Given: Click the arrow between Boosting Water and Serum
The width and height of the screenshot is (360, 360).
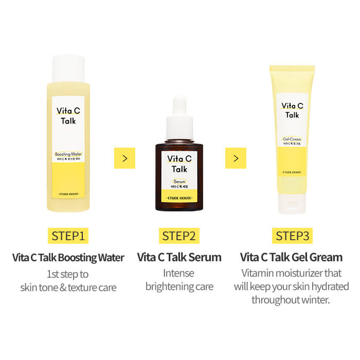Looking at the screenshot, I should click(x=124, y=158).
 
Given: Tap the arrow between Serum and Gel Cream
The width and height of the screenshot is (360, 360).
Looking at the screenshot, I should click(x=236, y=158).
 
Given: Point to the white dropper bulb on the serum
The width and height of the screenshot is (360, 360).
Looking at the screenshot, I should click(x=179, y=105).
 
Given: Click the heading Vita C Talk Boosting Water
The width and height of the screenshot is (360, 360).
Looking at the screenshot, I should click(x=68, y=257).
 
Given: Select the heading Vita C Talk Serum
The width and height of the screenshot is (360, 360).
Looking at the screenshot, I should click(x=179, y=257).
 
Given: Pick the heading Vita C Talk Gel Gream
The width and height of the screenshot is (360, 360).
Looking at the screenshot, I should click(x=292, y=257).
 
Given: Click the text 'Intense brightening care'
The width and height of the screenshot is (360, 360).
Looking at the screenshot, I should click(x=179, y=280).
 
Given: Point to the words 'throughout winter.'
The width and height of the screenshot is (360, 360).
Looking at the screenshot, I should click(x=292, y=299).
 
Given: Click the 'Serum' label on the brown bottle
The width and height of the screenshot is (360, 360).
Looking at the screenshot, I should click(x=178, y=182).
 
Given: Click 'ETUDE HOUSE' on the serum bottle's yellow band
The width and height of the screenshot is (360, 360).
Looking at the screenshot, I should click(x=179, y=196).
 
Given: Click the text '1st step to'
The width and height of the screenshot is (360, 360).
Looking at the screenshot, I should click(x=68, y=274).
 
